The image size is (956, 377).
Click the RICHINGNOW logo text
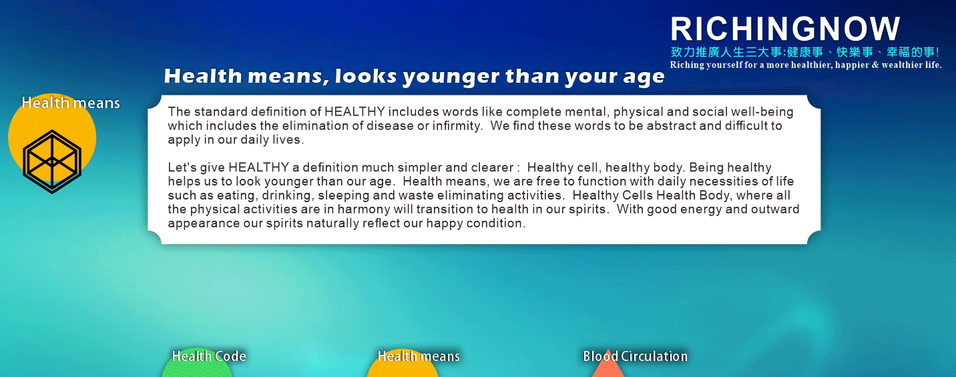point(785,29)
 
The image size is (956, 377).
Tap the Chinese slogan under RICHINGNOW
point(805,52)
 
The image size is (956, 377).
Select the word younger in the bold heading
point(451,77)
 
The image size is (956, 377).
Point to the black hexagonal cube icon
point(52,161)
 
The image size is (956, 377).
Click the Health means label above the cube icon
point(71,103)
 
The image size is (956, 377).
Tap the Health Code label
point(209,356)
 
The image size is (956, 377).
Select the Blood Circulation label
point(635,356)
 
